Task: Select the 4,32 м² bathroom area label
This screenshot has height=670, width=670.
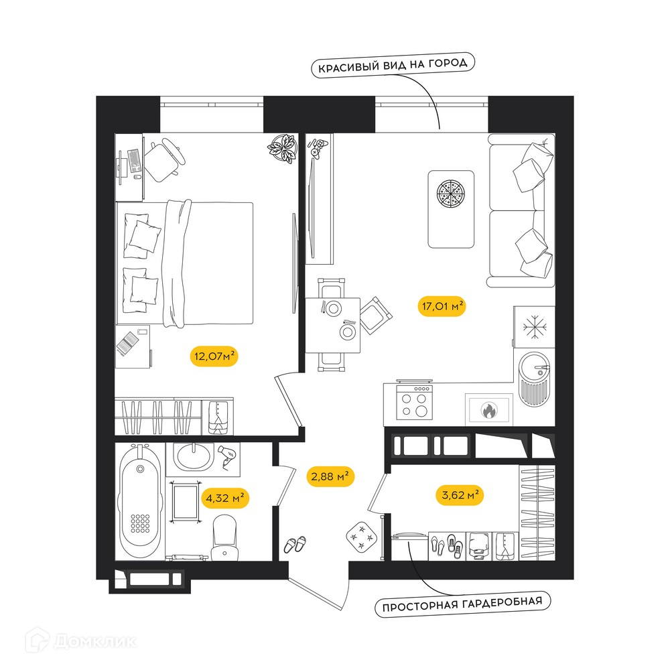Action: coord(225,498)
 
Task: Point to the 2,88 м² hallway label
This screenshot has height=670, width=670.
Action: coord(330,476)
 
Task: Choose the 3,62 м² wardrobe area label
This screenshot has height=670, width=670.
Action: coord(460,495)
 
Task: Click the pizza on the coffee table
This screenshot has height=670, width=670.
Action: coord(450,193)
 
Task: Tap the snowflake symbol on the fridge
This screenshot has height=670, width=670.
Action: coord(534,328)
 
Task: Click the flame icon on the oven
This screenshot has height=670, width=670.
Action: coord(489,411)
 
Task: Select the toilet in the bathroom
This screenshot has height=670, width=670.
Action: coord(224,537)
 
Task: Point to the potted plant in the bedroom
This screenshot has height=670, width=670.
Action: coord(283,149)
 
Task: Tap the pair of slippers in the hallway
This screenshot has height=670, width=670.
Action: coord(295,545)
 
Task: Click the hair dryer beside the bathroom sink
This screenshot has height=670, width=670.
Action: coord(227,456)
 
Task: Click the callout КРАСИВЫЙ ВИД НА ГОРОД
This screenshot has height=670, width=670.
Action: coord(393,65)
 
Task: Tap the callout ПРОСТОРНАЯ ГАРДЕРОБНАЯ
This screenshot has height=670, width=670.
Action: coord(462,604)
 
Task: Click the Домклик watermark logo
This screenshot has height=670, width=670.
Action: coord(81,641)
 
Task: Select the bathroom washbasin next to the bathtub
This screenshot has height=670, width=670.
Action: coord(194,457)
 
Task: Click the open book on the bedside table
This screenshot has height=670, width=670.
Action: coord(127,343)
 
